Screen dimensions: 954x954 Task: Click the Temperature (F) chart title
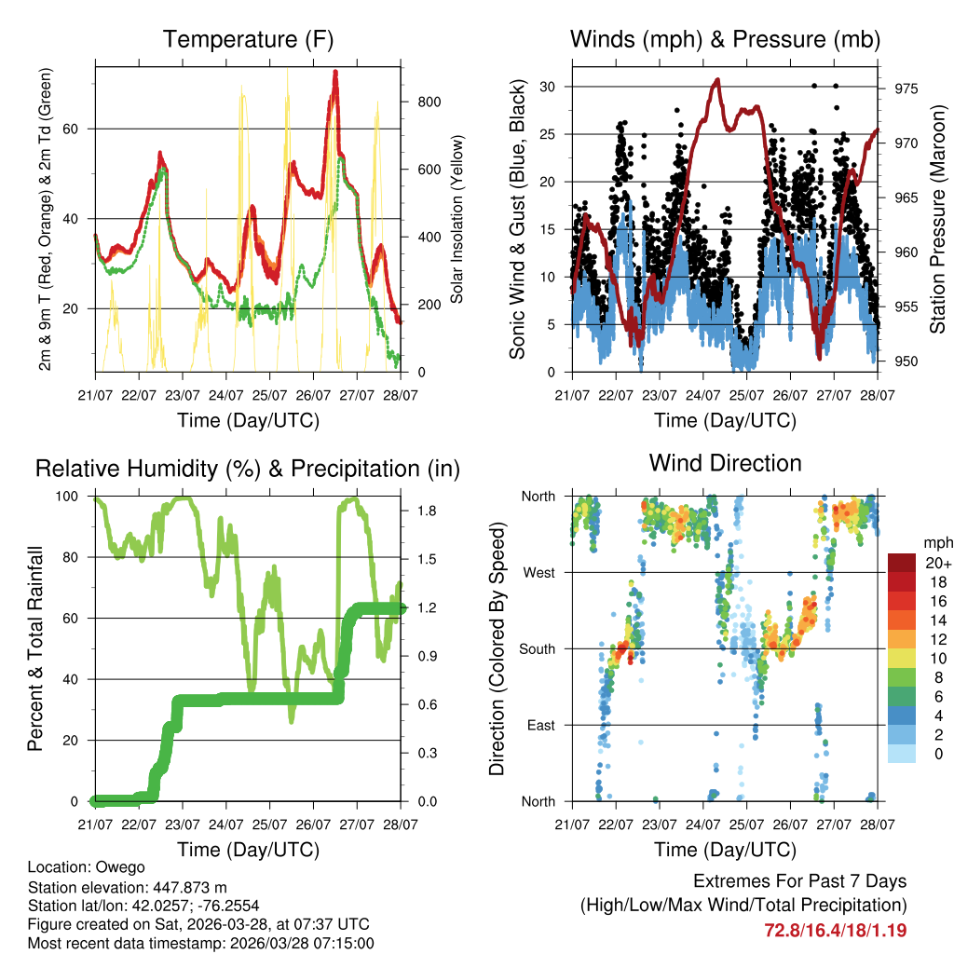click(248, 40)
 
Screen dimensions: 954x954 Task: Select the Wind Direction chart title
click(725, 462)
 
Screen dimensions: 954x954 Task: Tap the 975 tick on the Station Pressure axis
click(907, 89)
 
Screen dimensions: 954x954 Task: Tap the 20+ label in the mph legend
click(937, 563)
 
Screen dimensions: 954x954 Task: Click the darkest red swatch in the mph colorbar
click(903, 563)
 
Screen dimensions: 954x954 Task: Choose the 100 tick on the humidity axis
click(70, 497)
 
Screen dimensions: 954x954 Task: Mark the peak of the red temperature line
click(335, 72)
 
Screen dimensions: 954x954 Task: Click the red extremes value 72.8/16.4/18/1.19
click(835, 930)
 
